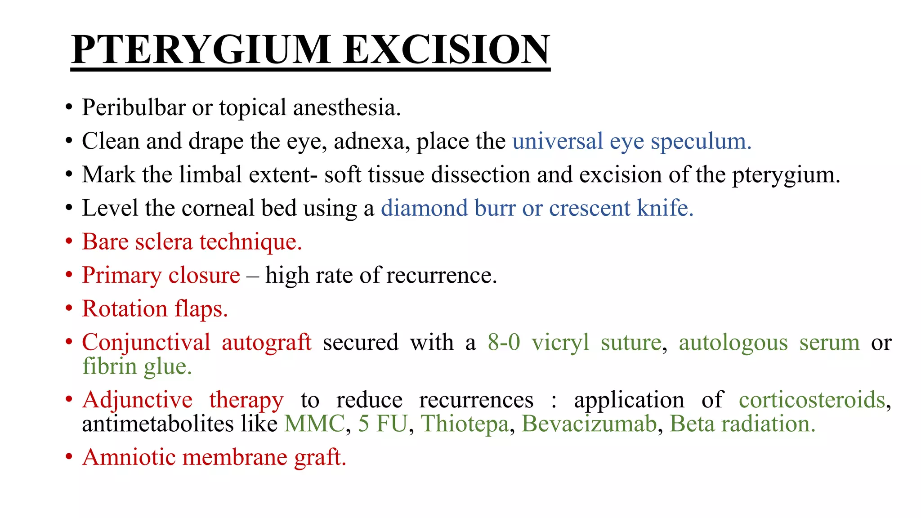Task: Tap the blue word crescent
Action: (590, 208)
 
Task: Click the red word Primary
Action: (121, 275)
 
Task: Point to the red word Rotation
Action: (125, 309)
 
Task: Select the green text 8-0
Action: (504, 343)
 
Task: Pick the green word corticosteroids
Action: (812, 400)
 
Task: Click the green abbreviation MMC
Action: (314, 424)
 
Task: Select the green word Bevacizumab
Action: (589, 424)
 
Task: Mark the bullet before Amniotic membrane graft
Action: (69, 457)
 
